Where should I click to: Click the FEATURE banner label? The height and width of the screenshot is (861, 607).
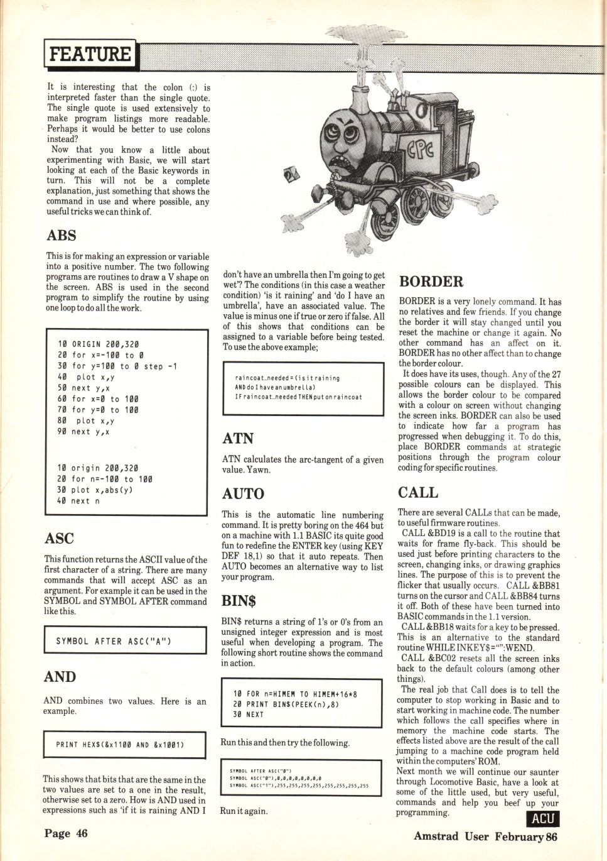[90, 54]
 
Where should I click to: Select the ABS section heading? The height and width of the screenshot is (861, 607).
[62, 236]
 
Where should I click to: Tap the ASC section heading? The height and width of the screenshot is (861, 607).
[60, 539]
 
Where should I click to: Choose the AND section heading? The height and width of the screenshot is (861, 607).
[60, 677]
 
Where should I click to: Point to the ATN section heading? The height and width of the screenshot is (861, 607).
[238, 438]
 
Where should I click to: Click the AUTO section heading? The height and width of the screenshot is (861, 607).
[243, 493]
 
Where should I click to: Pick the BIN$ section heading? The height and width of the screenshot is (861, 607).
[239, 601]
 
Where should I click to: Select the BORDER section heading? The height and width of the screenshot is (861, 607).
[431, 282]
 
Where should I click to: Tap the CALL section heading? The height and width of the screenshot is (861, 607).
[418, 493]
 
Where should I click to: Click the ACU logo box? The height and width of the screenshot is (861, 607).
[542, 818]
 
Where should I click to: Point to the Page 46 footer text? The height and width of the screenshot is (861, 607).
[66, 834]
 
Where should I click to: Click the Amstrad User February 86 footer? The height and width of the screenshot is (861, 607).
[485, 836]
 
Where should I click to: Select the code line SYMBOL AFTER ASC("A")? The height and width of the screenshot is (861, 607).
[114, 642]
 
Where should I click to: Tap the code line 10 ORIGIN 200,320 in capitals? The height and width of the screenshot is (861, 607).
[98, 344]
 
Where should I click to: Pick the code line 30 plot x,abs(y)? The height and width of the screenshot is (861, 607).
[95, 490]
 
